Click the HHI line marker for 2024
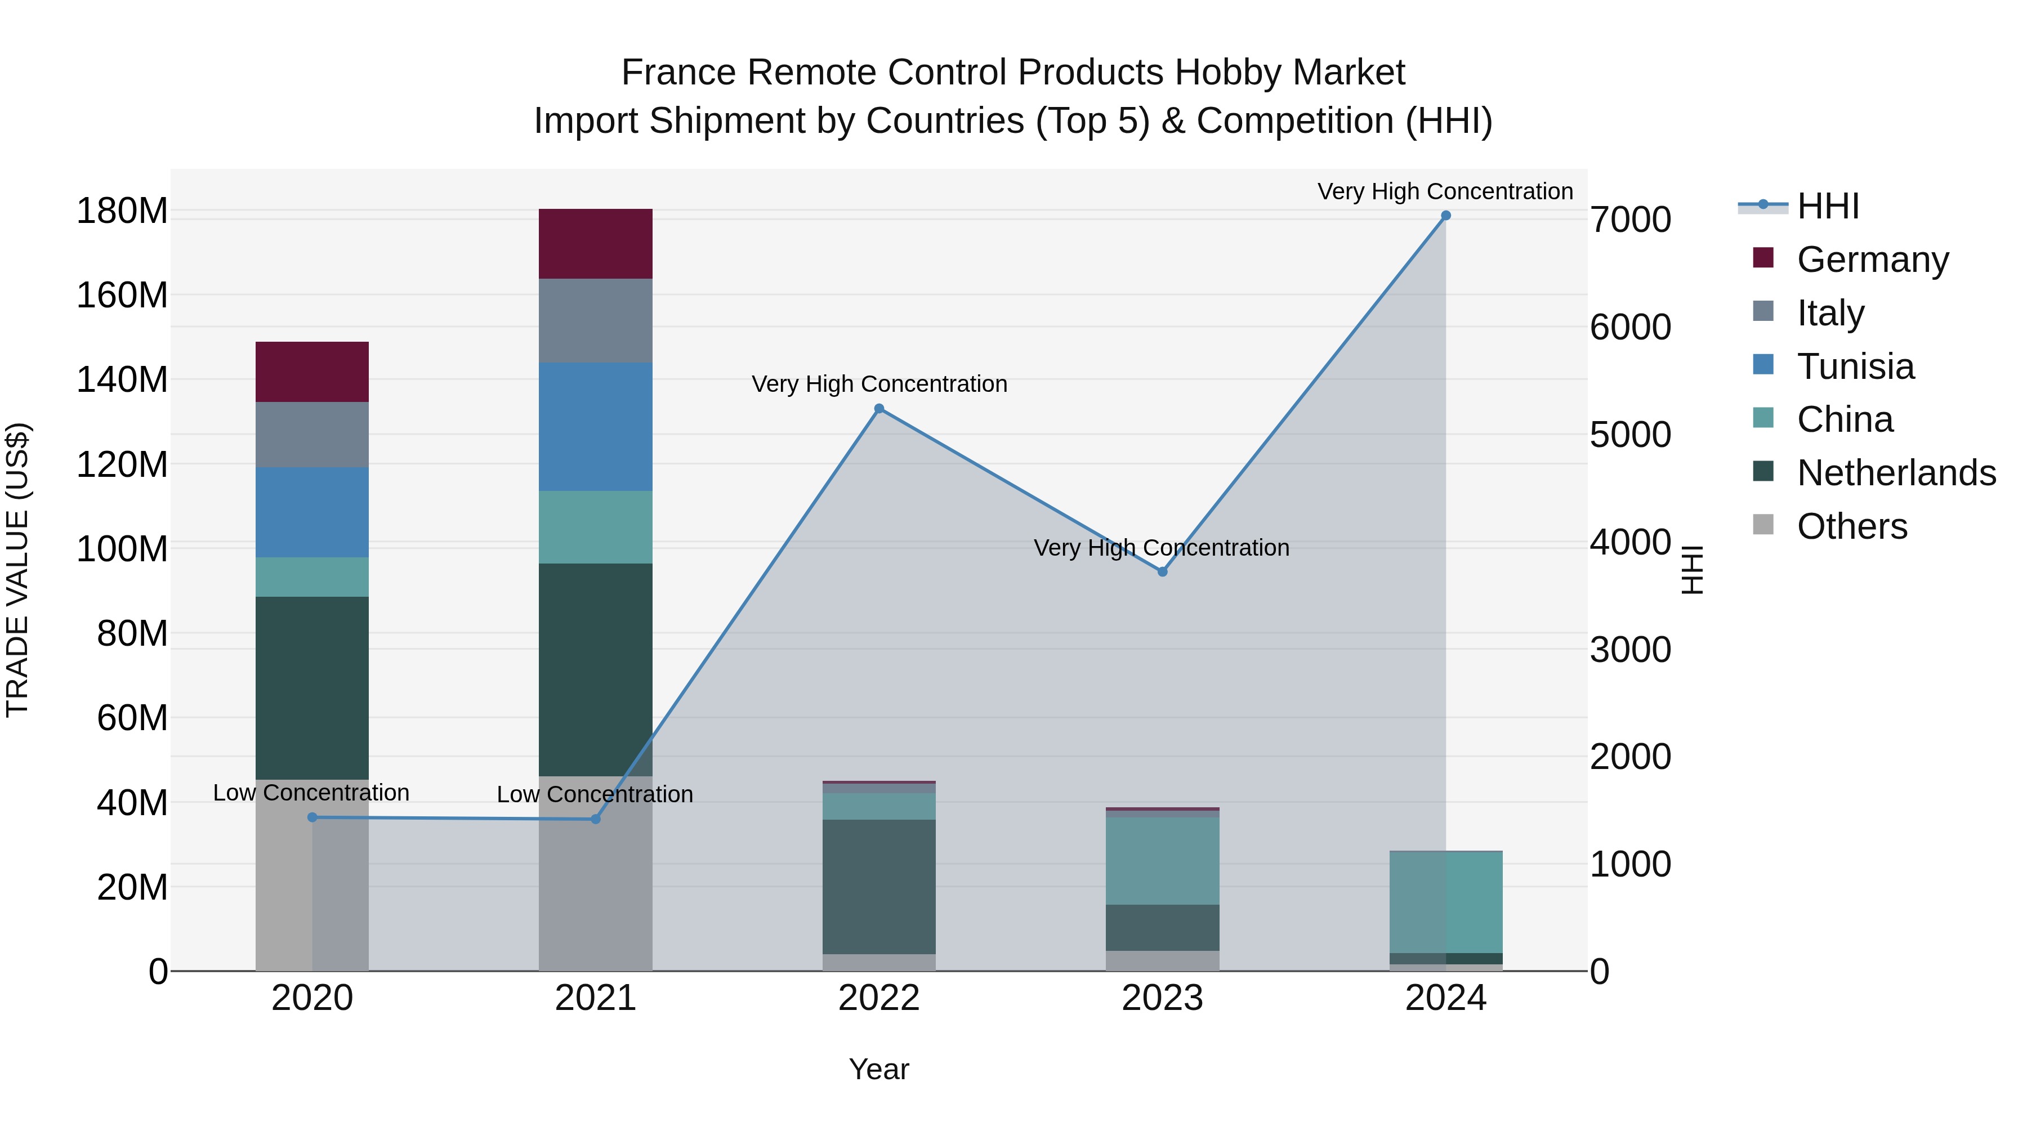[x=1445, y=216]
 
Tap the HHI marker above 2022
[x=879, y=408]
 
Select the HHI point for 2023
[x=1162, y=571]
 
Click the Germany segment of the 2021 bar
[x=596, y=244]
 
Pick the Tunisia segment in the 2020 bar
[x=312, y=512]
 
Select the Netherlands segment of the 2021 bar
[x=596, y=669]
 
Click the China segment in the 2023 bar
[x=1162, y=861]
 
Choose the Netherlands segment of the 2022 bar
[x=879, y=887]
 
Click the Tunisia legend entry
[x=1855, y=366]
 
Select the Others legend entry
[x=1851, y=526]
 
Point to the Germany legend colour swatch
[x=1763, y=258]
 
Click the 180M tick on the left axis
[x=122, y=211]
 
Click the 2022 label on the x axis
[x=879, y=998]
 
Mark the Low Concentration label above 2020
[x=311, y=792]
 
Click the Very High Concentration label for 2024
[x=1445, y=191]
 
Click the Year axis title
[x=879, y=1069]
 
